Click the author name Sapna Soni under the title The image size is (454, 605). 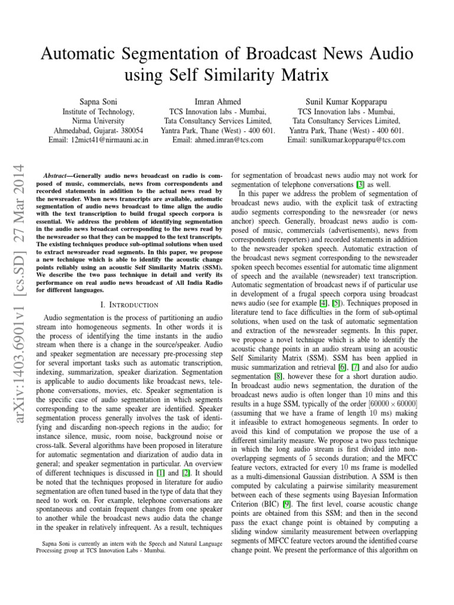[x=99, y=102]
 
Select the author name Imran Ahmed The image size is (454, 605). [x=219, y=102]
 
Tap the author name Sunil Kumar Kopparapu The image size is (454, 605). [x=347, y=102]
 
